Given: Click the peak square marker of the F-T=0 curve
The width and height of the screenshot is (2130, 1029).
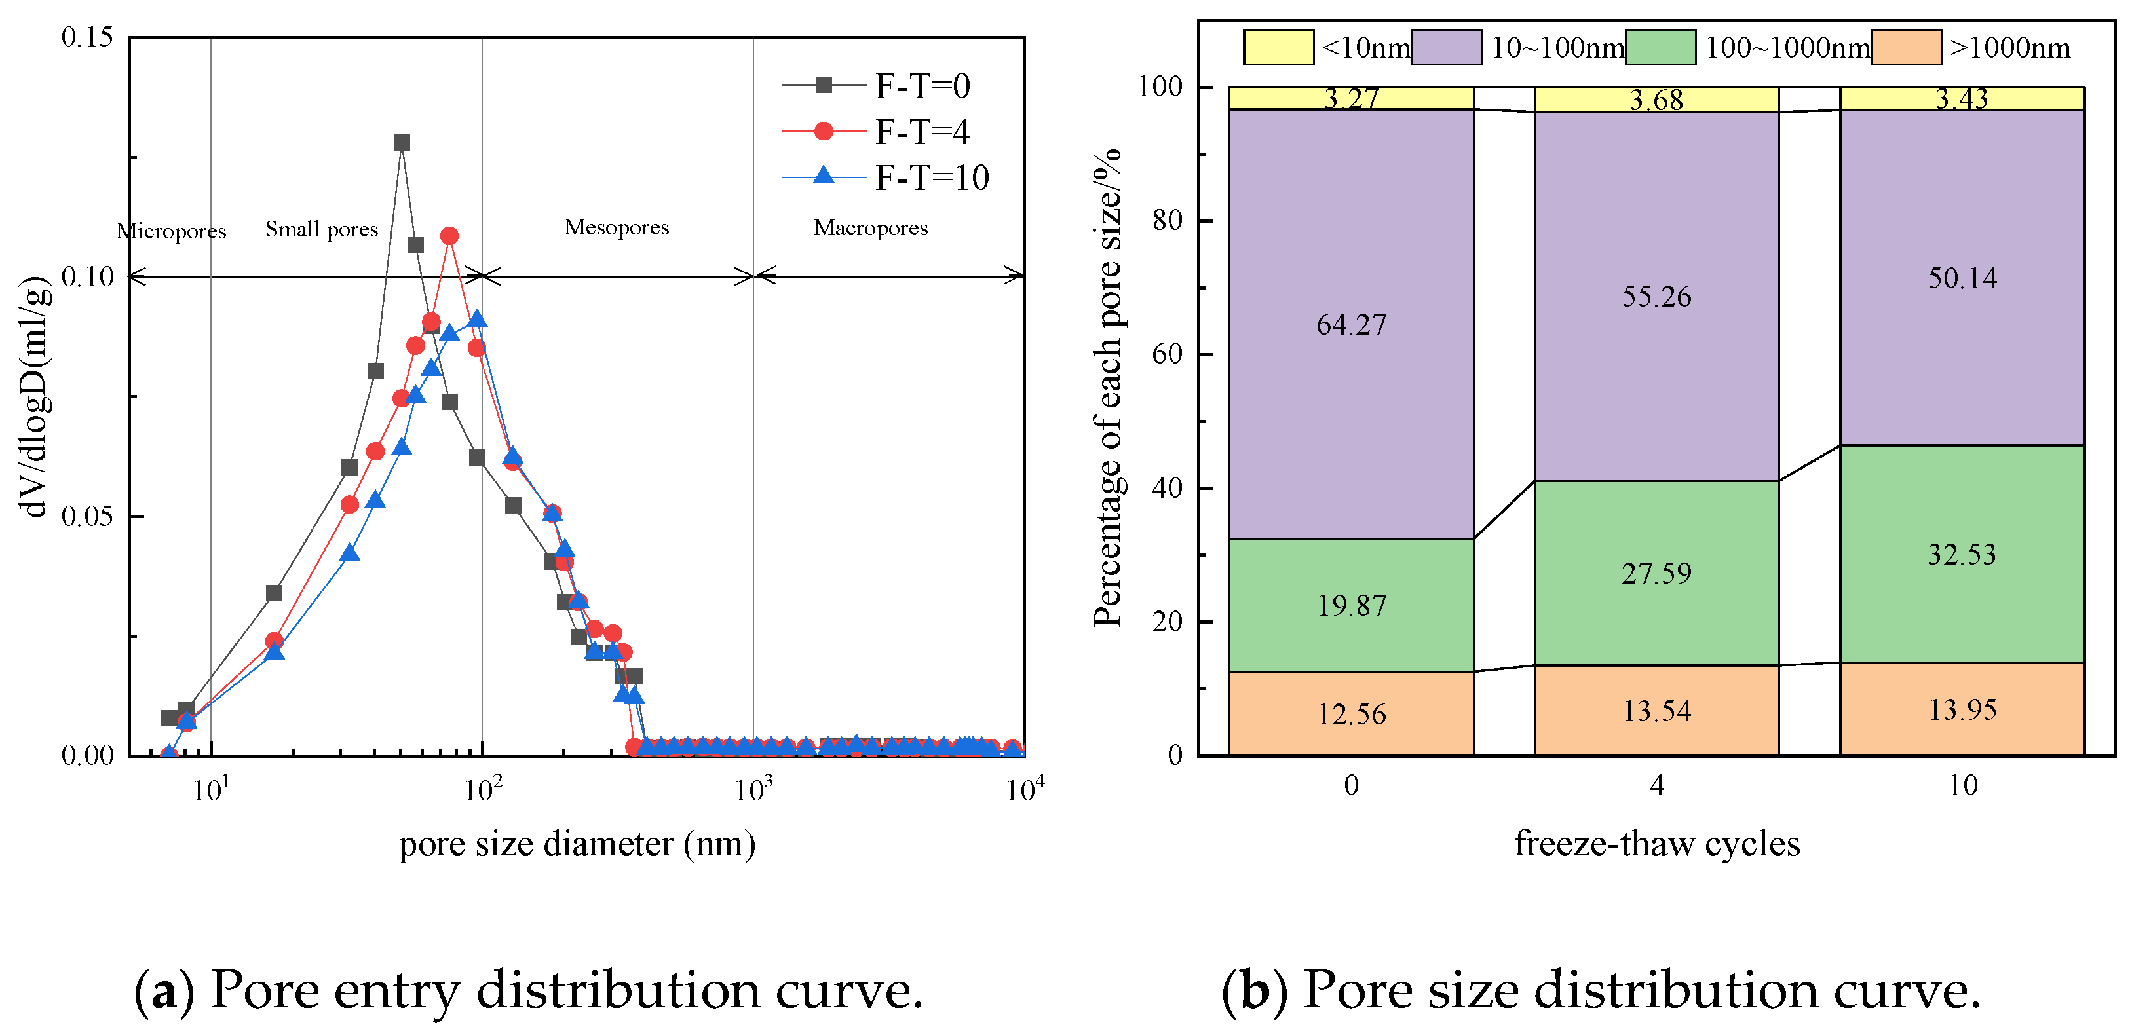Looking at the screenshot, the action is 402,142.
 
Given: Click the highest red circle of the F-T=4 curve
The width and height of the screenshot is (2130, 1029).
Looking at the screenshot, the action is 449,236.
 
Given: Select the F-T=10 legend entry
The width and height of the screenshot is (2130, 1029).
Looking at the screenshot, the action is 886,178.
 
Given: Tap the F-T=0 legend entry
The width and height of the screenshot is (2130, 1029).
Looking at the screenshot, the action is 877,85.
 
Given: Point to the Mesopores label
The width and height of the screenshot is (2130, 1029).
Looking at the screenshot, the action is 616,227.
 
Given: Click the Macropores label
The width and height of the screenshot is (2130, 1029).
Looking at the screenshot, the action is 871,227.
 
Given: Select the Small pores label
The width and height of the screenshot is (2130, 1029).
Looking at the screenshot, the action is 322,229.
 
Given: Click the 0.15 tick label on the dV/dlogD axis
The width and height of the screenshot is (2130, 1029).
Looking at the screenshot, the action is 87,37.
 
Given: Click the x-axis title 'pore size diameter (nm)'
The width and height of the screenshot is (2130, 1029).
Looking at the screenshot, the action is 577,844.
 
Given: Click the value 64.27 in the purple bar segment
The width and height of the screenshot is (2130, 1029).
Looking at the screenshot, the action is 1351,325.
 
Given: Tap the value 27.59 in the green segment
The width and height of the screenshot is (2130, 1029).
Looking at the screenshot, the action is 1656,572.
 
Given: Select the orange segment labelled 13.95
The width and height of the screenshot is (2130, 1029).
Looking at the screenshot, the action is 1962,708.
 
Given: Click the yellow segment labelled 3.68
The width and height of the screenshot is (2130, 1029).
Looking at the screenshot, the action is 1656,99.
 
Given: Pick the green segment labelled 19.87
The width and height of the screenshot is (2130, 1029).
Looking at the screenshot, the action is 1351,605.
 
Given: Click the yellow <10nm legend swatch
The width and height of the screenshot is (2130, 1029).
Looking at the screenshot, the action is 1278,47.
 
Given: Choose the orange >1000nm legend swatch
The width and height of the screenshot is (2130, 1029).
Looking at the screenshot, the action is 1906,47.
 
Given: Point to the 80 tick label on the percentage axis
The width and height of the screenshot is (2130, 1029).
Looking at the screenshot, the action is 1167,220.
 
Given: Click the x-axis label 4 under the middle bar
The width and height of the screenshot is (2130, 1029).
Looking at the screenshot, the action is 1657,785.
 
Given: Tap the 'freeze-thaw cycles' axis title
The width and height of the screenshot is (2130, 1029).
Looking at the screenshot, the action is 1657,844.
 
